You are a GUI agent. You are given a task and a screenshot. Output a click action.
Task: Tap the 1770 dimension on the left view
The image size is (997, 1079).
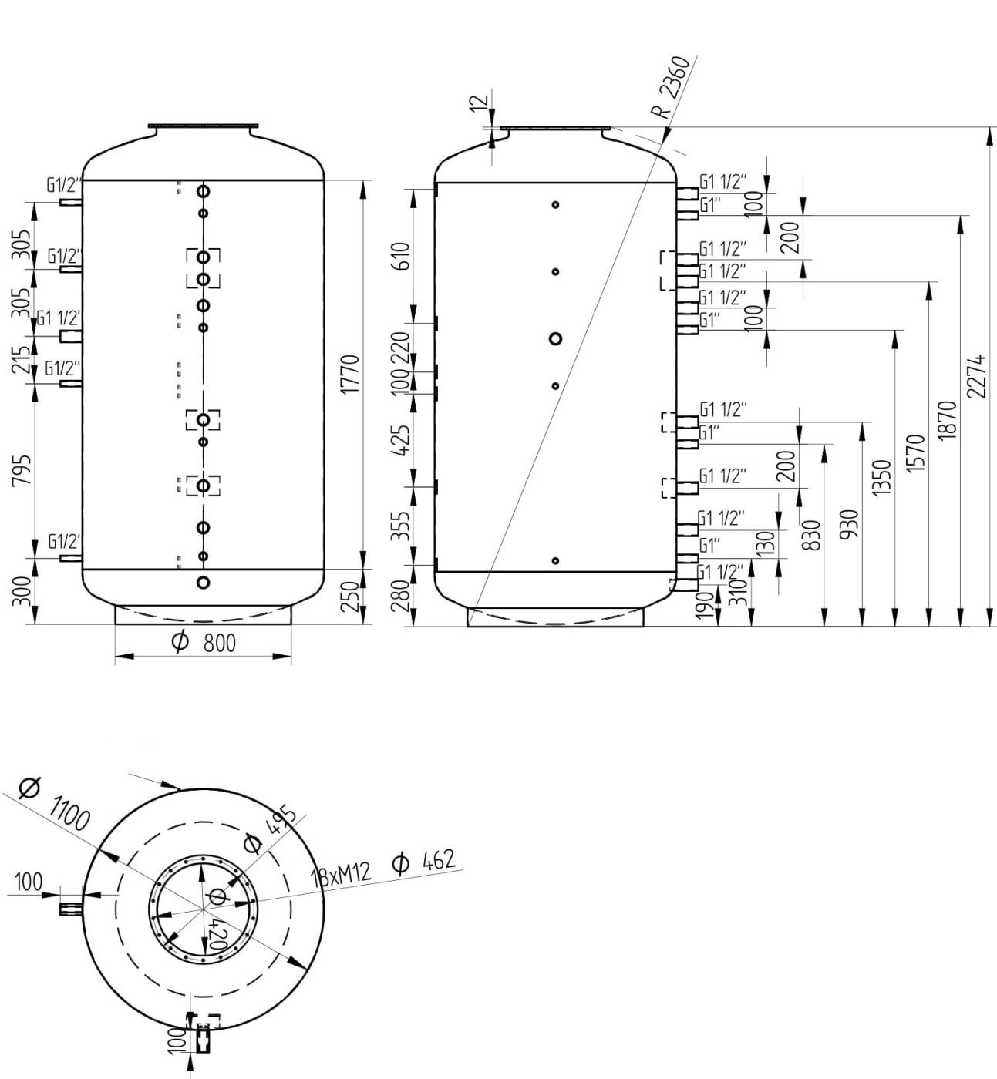350,375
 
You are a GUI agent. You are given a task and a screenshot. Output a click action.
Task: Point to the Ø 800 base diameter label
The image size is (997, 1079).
203,643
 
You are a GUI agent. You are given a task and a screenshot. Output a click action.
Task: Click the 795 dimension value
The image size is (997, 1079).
24,469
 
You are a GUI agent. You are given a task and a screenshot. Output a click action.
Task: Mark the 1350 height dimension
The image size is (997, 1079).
884,479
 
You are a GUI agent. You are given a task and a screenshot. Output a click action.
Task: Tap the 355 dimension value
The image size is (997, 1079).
400,526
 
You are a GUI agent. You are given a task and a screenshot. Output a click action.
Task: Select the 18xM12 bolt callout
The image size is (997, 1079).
342,875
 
